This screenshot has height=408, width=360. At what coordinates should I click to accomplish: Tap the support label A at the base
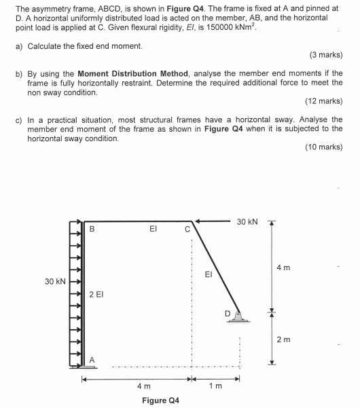92,359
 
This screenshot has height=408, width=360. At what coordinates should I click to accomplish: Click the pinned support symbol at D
238,316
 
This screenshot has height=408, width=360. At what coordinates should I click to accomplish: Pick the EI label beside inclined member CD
209,275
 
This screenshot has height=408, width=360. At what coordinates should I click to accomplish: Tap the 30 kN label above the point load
247,221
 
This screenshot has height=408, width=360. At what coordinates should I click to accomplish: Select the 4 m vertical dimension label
283,267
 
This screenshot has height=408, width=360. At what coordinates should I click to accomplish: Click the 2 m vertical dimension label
283,339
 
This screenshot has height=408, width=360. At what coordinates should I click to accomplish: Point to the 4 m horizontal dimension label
143,386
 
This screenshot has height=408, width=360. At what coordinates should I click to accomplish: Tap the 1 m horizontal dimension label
216,386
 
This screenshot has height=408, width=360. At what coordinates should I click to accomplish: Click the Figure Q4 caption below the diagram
160,400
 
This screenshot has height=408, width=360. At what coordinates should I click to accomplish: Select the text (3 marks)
325,54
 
